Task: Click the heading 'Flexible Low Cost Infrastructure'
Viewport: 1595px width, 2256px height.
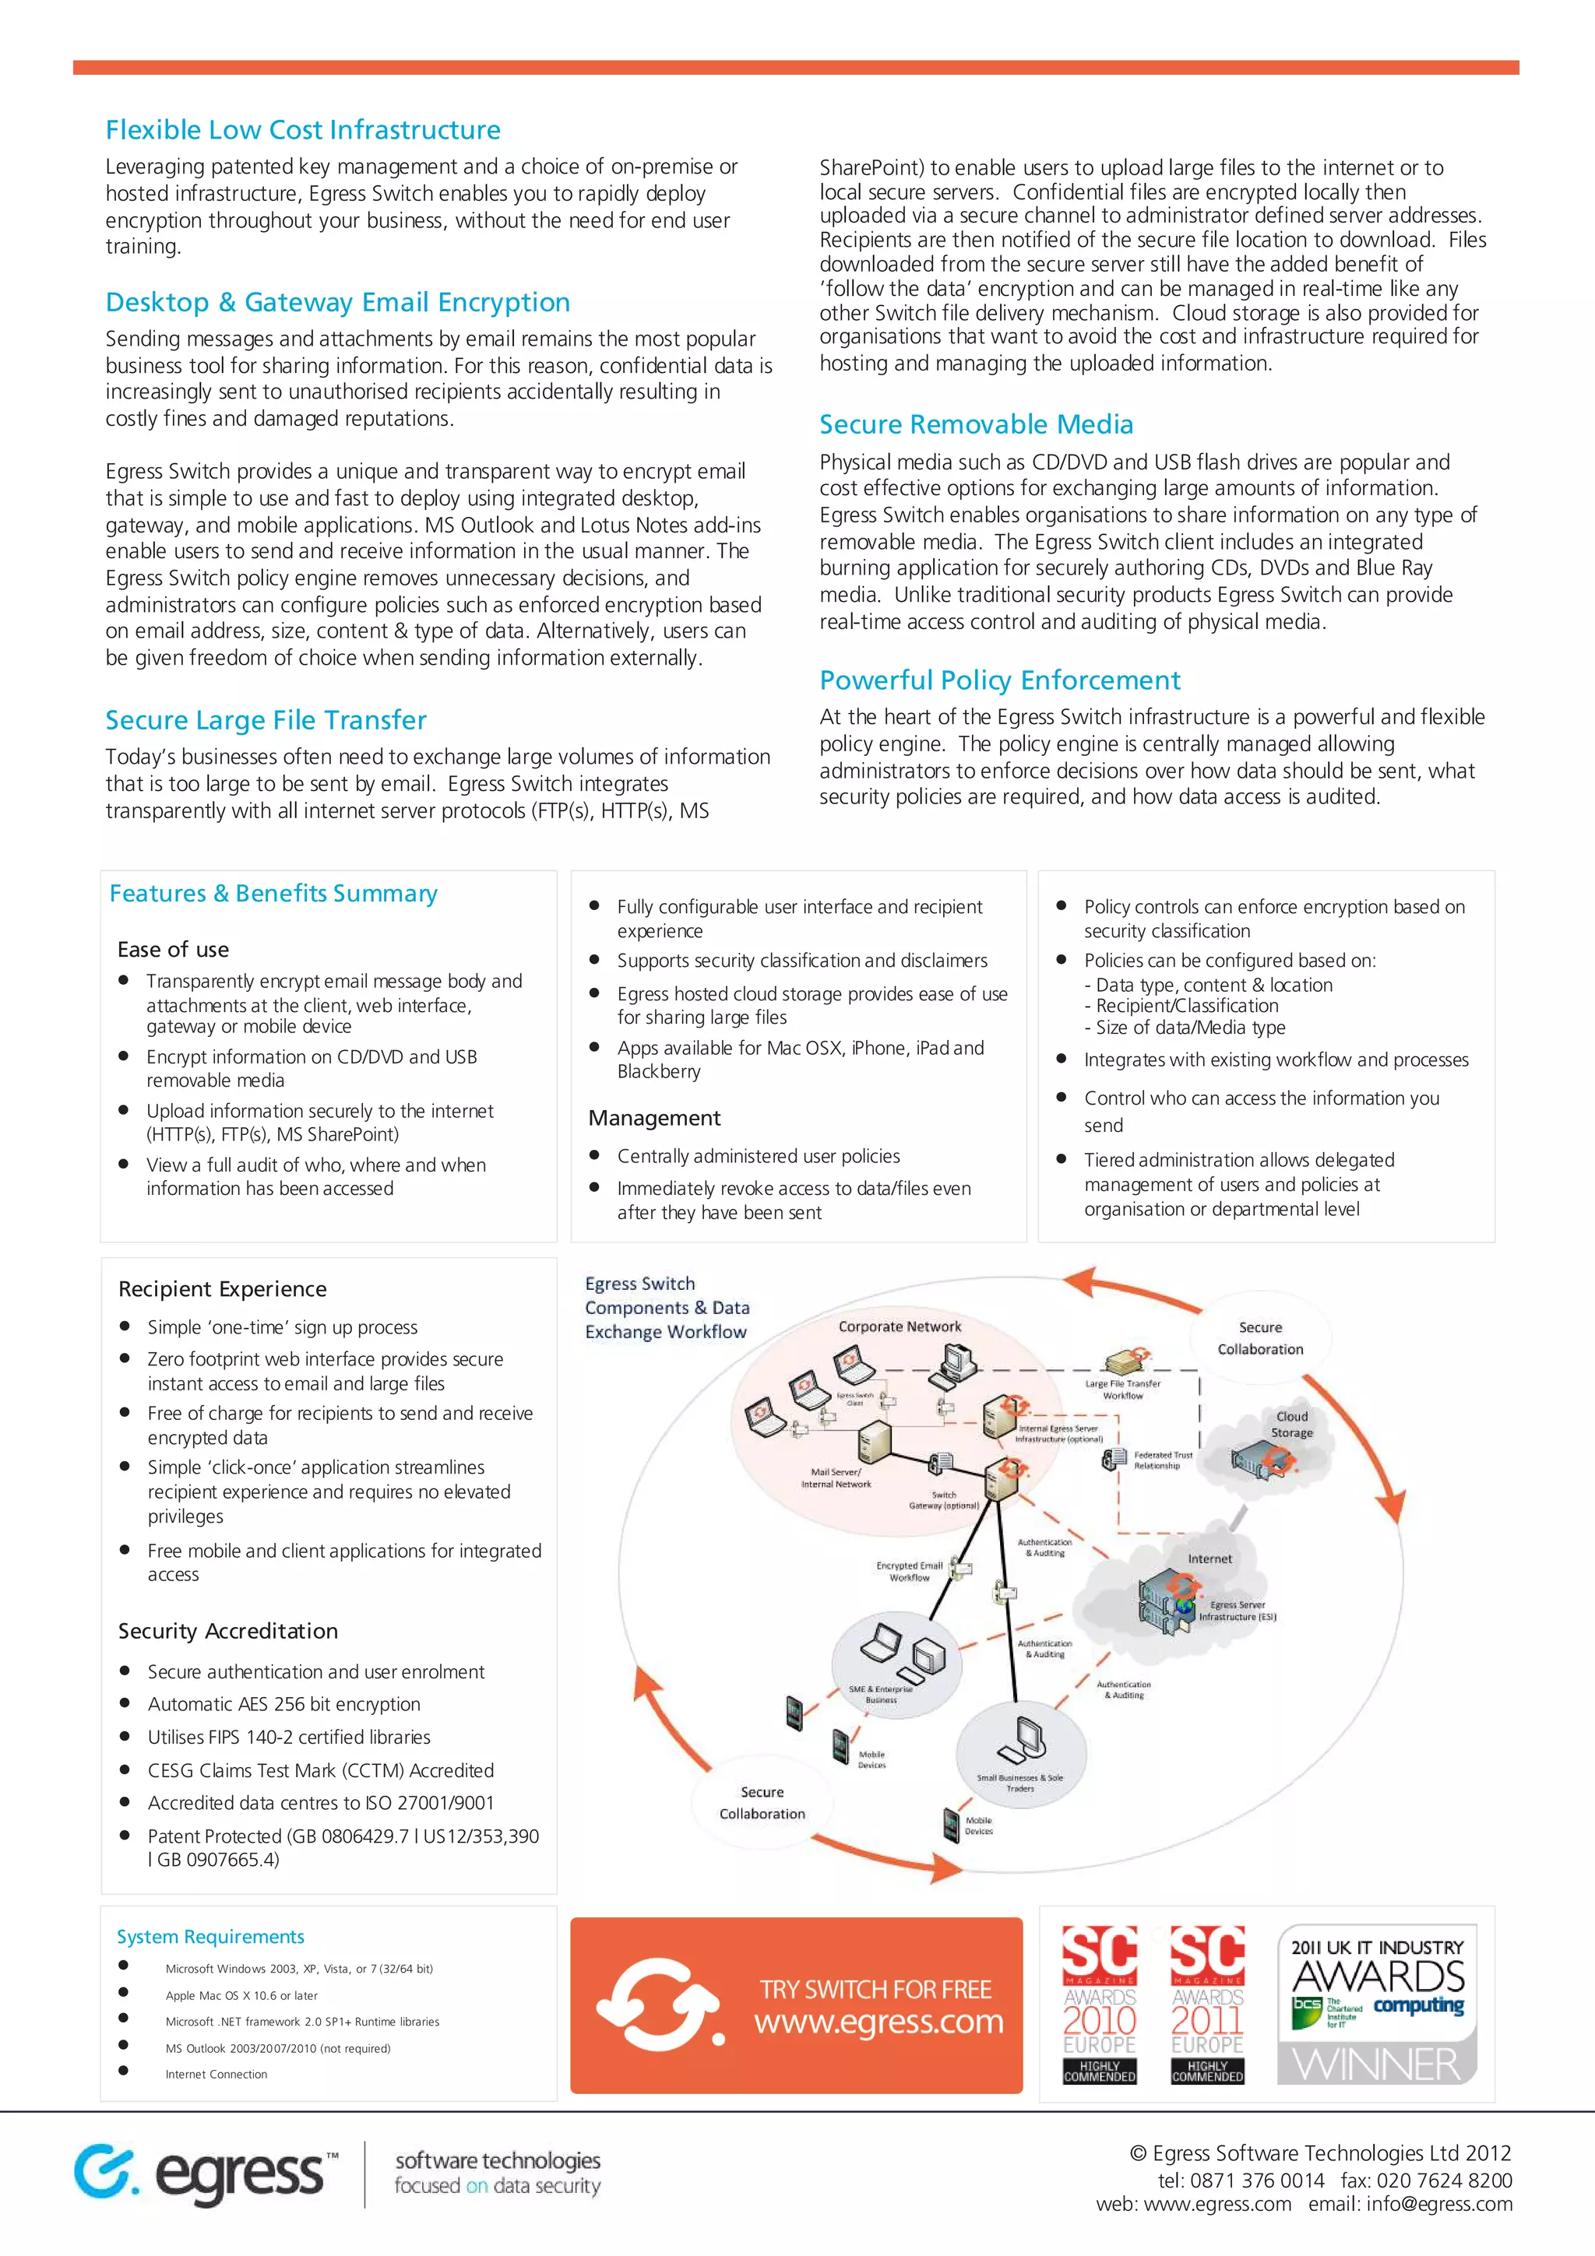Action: [x=303, y=130]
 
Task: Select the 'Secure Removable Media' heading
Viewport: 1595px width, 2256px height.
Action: [x=976, y=424]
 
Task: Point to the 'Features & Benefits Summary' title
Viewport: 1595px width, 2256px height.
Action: [x=273, y=893]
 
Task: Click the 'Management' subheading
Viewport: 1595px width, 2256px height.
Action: [x=653, y=1118]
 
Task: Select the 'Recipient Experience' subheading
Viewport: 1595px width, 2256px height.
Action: [x=222, y=1289]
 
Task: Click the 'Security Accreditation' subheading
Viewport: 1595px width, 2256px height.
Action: [x=228, y=1631]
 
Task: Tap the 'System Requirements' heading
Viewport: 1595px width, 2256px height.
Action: [x=210, y=1937]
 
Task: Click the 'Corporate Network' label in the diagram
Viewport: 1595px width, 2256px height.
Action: [x=900, y=1327]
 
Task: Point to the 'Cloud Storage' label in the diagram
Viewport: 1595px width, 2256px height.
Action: [x=1291, y=1425]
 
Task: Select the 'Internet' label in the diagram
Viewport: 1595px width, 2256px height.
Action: [x=1209, y=1558]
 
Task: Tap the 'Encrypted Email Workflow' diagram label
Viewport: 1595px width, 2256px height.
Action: [x=909, y=1571]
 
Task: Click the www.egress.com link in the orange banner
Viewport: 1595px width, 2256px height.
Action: [x=878, y=2022]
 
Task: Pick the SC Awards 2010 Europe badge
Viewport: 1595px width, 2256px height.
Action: [x=1099, y=2005]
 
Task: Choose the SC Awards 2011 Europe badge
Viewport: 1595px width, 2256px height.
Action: [x=1207, y=2005]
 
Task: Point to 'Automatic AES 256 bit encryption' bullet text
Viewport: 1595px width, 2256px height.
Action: [x=284, y=1704]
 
